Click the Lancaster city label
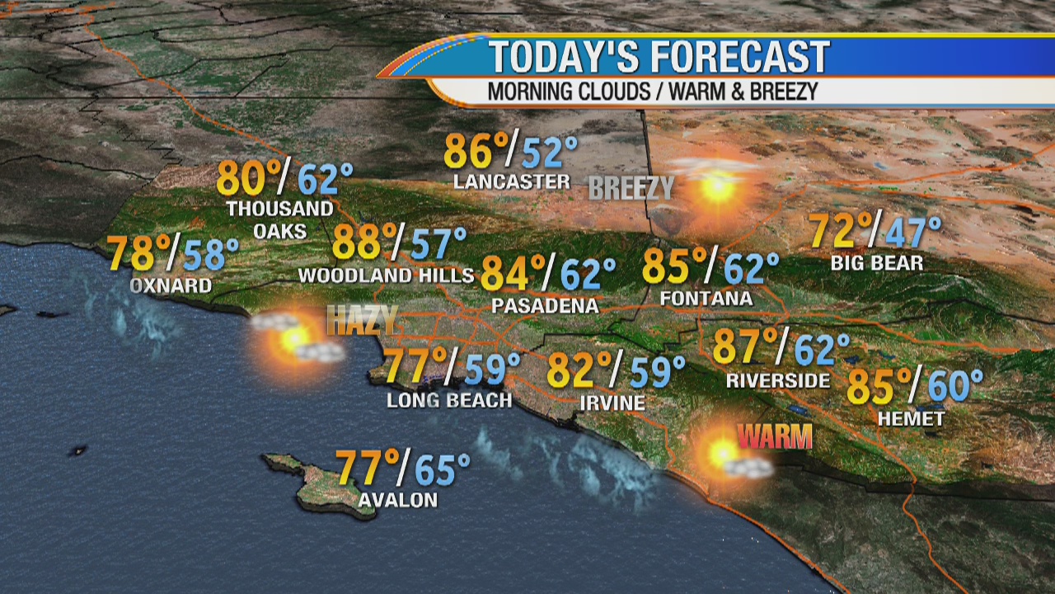(x=512, y=181)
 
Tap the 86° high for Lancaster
(x=476, y=152)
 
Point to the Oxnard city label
(x=171, y=285)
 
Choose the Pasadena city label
(x=545, y=306)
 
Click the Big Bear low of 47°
(x=912, y=233)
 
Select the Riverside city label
(x=778, y=380)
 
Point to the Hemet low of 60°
(x=954, y=386)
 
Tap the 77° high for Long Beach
(x=415, y=368)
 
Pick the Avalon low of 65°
(x=442, y=469)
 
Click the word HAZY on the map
(x=362, y=320)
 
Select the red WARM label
(x=775, y=436)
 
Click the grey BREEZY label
(x=631, y=188)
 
